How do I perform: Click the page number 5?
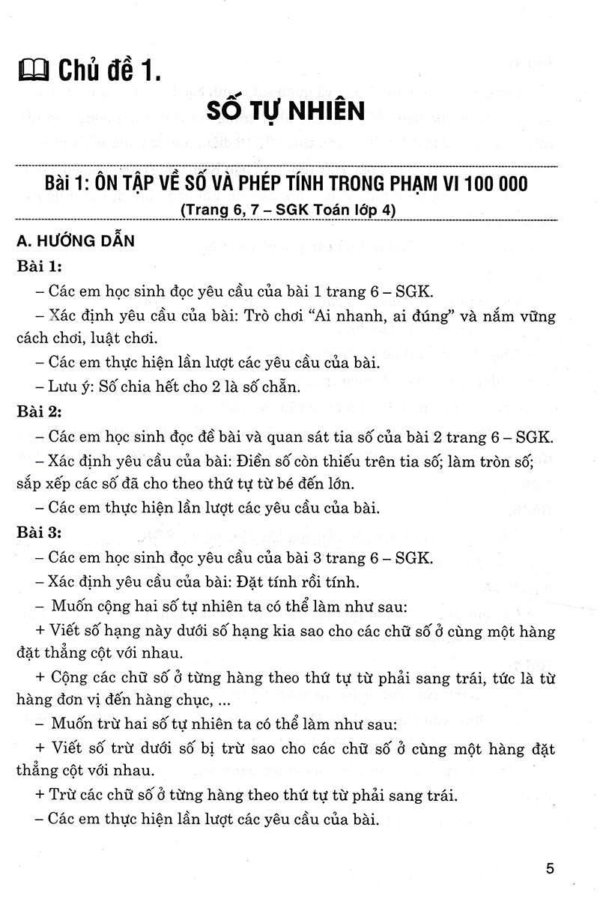[x=551, y=870]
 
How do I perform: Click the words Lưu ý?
[x=70, y=388]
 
